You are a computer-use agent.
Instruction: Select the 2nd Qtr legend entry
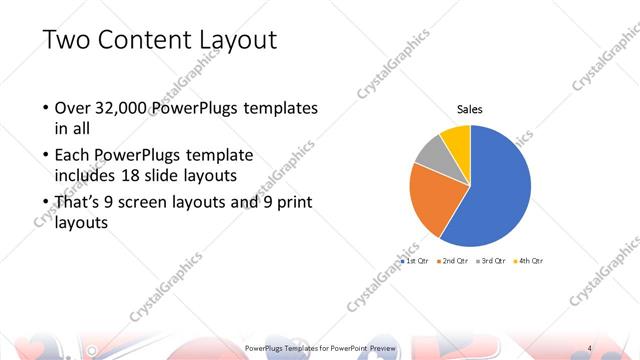(x=453, y=260)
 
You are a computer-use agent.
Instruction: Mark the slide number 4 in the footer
(x=590, y=347)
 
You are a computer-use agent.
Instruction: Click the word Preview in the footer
(x=382, y=347)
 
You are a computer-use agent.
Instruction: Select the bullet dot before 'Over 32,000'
(x=45, y=108)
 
